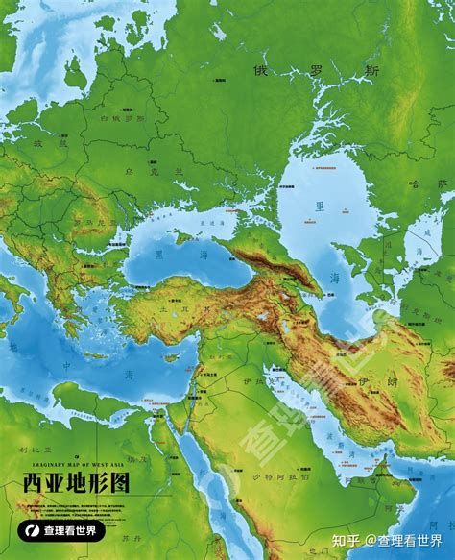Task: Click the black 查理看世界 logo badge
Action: point(62,530)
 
